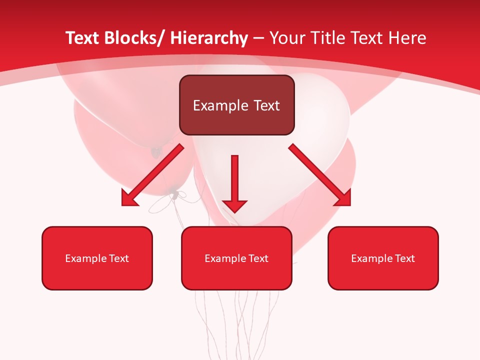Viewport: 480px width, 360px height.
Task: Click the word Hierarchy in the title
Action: coord(208,38)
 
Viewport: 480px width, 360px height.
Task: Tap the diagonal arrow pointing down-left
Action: coord(155,172)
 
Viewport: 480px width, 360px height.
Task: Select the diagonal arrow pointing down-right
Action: coord(317,172)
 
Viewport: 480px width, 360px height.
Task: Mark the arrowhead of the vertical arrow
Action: coord(234,205)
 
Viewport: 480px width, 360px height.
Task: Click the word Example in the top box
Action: coord(216,105)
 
